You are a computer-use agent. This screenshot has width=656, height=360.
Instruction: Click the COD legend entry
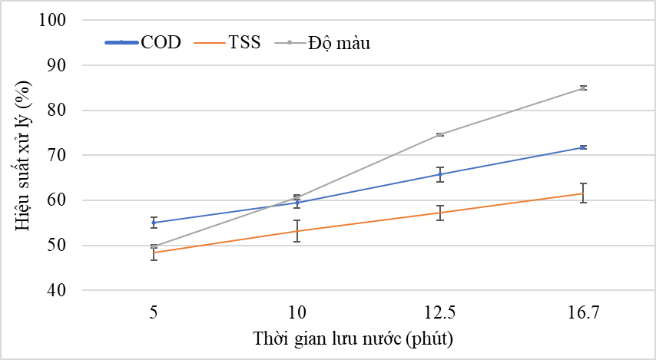[143, 43]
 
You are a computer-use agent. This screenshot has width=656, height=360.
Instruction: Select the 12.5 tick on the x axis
[440, 313]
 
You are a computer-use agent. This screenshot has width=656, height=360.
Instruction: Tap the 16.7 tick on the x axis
[583, 313]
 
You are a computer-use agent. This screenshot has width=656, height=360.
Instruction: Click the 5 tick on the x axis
[154, 313]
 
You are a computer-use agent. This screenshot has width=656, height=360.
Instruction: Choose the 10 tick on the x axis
[297, 313]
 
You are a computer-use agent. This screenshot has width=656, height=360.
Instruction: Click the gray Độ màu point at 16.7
[583, 88]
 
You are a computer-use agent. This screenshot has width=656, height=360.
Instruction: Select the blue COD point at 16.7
[583, 147]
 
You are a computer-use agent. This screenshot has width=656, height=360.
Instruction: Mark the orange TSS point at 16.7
[583, 193]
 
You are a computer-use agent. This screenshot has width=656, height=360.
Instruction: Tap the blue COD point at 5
[154, 223]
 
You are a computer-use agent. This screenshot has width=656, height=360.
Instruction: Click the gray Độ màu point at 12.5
[440, 134]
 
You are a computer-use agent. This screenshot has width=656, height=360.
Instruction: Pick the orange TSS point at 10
[297, 231]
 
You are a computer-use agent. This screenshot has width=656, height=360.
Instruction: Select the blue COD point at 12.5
[440, 174]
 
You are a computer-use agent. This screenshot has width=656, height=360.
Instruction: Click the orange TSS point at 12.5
[440, 213]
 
